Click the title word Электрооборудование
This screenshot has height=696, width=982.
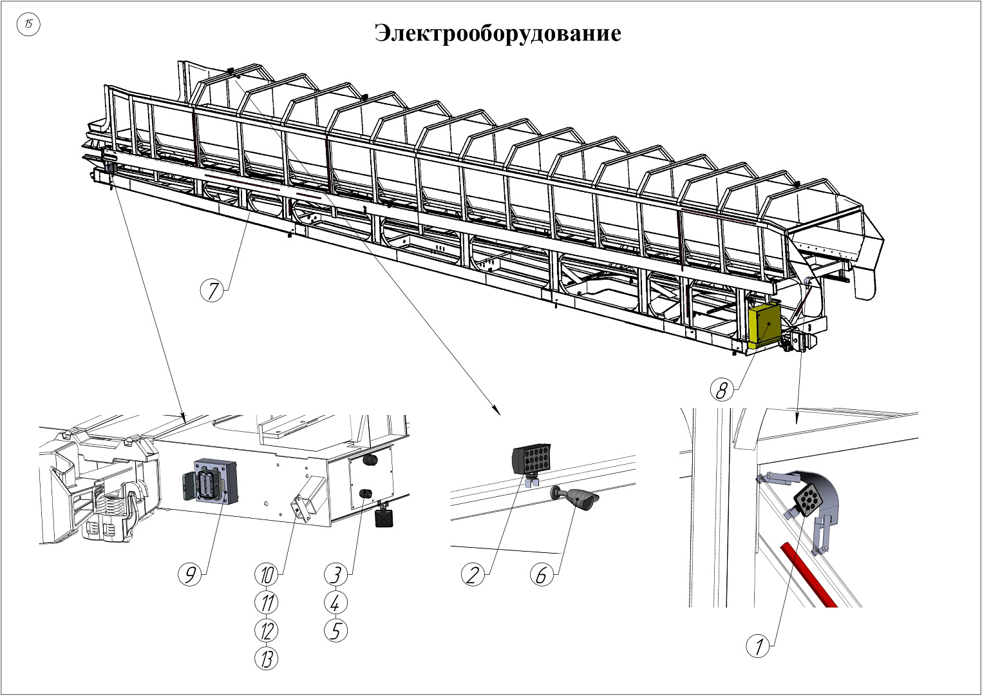pos(498,33)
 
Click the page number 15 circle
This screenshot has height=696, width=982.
pos(29,25)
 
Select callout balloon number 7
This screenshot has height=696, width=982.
pos(212,291)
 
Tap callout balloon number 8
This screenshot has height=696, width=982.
pos(722,390)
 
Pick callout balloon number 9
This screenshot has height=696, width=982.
pos(190,574)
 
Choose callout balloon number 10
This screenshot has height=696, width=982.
pos(267,574)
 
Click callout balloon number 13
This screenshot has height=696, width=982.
pos(267,658)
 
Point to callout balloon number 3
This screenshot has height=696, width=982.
pos(335,574)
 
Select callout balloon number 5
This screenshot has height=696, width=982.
pos(335,630)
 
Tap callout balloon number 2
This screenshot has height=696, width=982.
pos(473,574)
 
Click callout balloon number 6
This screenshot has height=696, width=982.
pos(542,574)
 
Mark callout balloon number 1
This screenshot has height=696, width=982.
pos(759,646)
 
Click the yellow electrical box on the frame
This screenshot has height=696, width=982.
pos(764,324)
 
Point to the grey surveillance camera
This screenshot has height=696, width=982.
pos(580,499)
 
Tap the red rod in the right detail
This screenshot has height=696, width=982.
pos(807,574)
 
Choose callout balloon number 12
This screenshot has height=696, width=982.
pos(267,630)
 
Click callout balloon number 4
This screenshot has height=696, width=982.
pos(335,603)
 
